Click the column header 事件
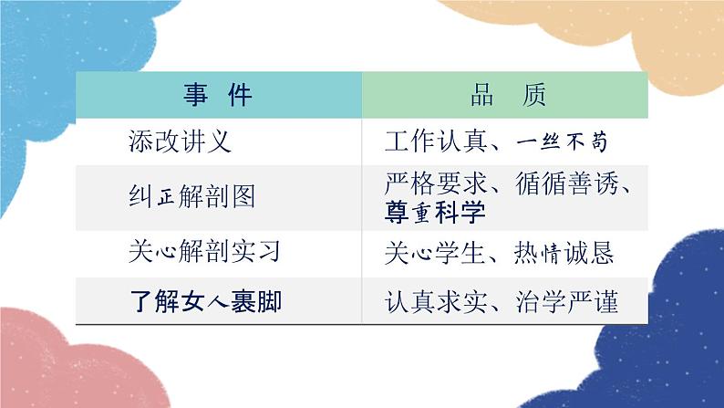click(x=218, y=95)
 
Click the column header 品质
click(x=503, y=95)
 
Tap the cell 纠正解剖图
click(x=192, y=195)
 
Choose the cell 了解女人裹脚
click(x=205, y=301)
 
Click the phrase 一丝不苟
click(x=562, y=143)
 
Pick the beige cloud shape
click(x=584, y=37)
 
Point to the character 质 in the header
click(x=534, y=95)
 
